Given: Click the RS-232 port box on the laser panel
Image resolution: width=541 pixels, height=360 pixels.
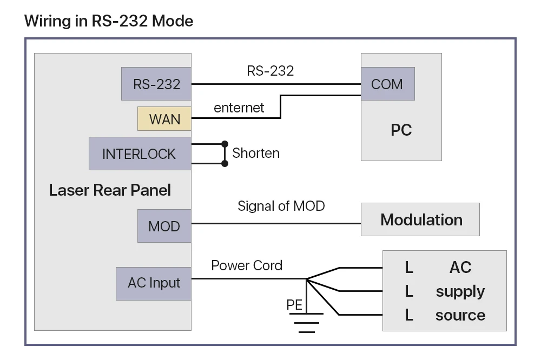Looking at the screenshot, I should (156, 84).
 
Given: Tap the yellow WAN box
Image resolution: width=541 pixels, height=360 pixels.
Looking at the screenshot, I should (164, 119).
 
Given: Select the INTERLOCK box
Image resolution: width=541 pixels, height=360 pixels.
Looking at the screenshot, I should (140, 154).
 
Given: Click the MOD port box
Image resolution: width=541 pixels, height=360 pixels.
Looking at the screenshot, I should (164, 225).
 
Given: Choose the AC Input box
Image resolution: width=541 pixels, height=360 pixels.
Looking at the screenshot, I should (154, 283).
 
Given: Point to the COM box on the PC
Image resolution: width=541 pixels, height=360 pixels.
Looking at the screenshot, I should (387, 84).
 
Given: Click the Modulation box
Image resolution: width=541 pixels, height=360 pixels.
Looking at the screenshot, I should (421, 219).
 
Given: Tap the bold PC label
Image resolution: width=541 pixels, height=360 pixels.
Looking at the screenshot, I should (401, 130).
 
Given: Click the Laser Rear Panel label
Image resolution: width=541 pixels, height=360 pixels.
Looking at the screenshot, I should (110, 190).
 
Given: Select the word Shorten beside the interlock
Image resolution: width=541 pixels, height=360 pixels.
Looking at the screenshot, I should (256, 153).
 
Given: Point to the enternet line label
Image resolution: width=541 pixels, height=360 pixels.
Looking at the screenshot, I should (239, 108).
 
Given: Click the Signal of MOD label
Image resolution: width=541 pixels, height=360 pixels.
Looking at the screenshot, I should (281, 205).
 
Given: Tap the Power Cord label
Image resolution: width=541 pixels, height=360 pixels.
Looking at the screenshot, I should (247, 265).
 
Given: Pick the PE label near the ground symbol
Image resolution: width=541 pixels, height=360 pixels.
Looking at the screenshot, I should (294, 305).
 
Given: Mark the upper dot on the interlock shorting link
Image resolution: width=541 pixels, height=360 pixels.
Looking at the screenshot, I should (225, 144).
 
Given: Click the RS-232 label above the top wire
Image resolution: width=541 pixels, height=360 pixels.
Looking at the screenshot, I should (270, 71).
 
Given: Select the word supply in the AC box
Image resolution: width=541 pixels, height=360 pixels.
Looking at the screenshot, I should (460, 291).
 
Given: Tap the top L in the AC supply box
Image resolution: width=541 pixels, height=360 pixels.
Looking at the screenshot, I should (409, 267).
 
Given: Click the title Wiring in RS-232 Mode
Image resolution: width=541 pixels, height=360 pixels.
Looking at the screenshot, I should (109, 21).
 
